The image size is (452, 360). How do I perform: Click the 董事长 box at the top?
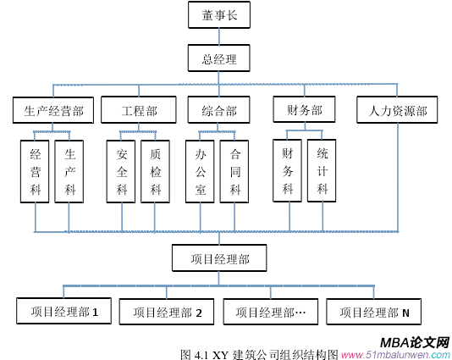pos(219,15)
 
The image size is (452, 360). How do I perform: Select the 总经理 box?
pos(219,59)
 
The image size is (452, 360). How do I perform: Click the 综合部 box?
pos(219,111)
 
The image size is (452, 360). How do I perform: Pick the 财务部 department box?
pos(303,111)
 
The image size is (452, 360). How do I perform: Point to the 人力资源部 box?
pos(397,111)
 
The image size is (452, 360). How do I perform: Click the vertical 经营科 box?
pos(35,171)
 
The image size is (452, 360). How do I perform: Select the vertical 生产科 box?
pos(69,171)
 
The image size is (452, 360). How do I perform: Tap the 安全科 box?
pos(121,171)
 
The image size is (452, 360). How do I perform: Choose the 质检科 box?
pos(155,171)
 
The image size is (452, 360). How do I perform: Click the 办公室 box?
pos(201,171)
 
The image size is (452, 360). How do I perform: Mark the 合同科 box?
pos(234,171)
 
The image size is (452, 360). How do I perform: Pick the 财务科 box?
pos(288,170)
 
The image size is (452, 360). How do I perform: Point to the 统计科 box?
pos(322,170)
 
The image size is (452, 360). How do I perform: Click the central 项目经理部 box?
pos(219,258)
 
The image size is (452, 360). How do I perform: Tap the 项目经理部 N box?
pos(374,312)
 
